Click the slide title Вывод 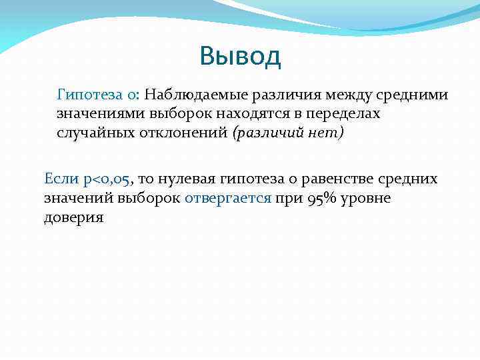240,57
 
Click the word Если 61,179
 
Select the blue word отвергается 228,198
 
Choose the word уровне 367,198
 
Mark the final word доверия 73,217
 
